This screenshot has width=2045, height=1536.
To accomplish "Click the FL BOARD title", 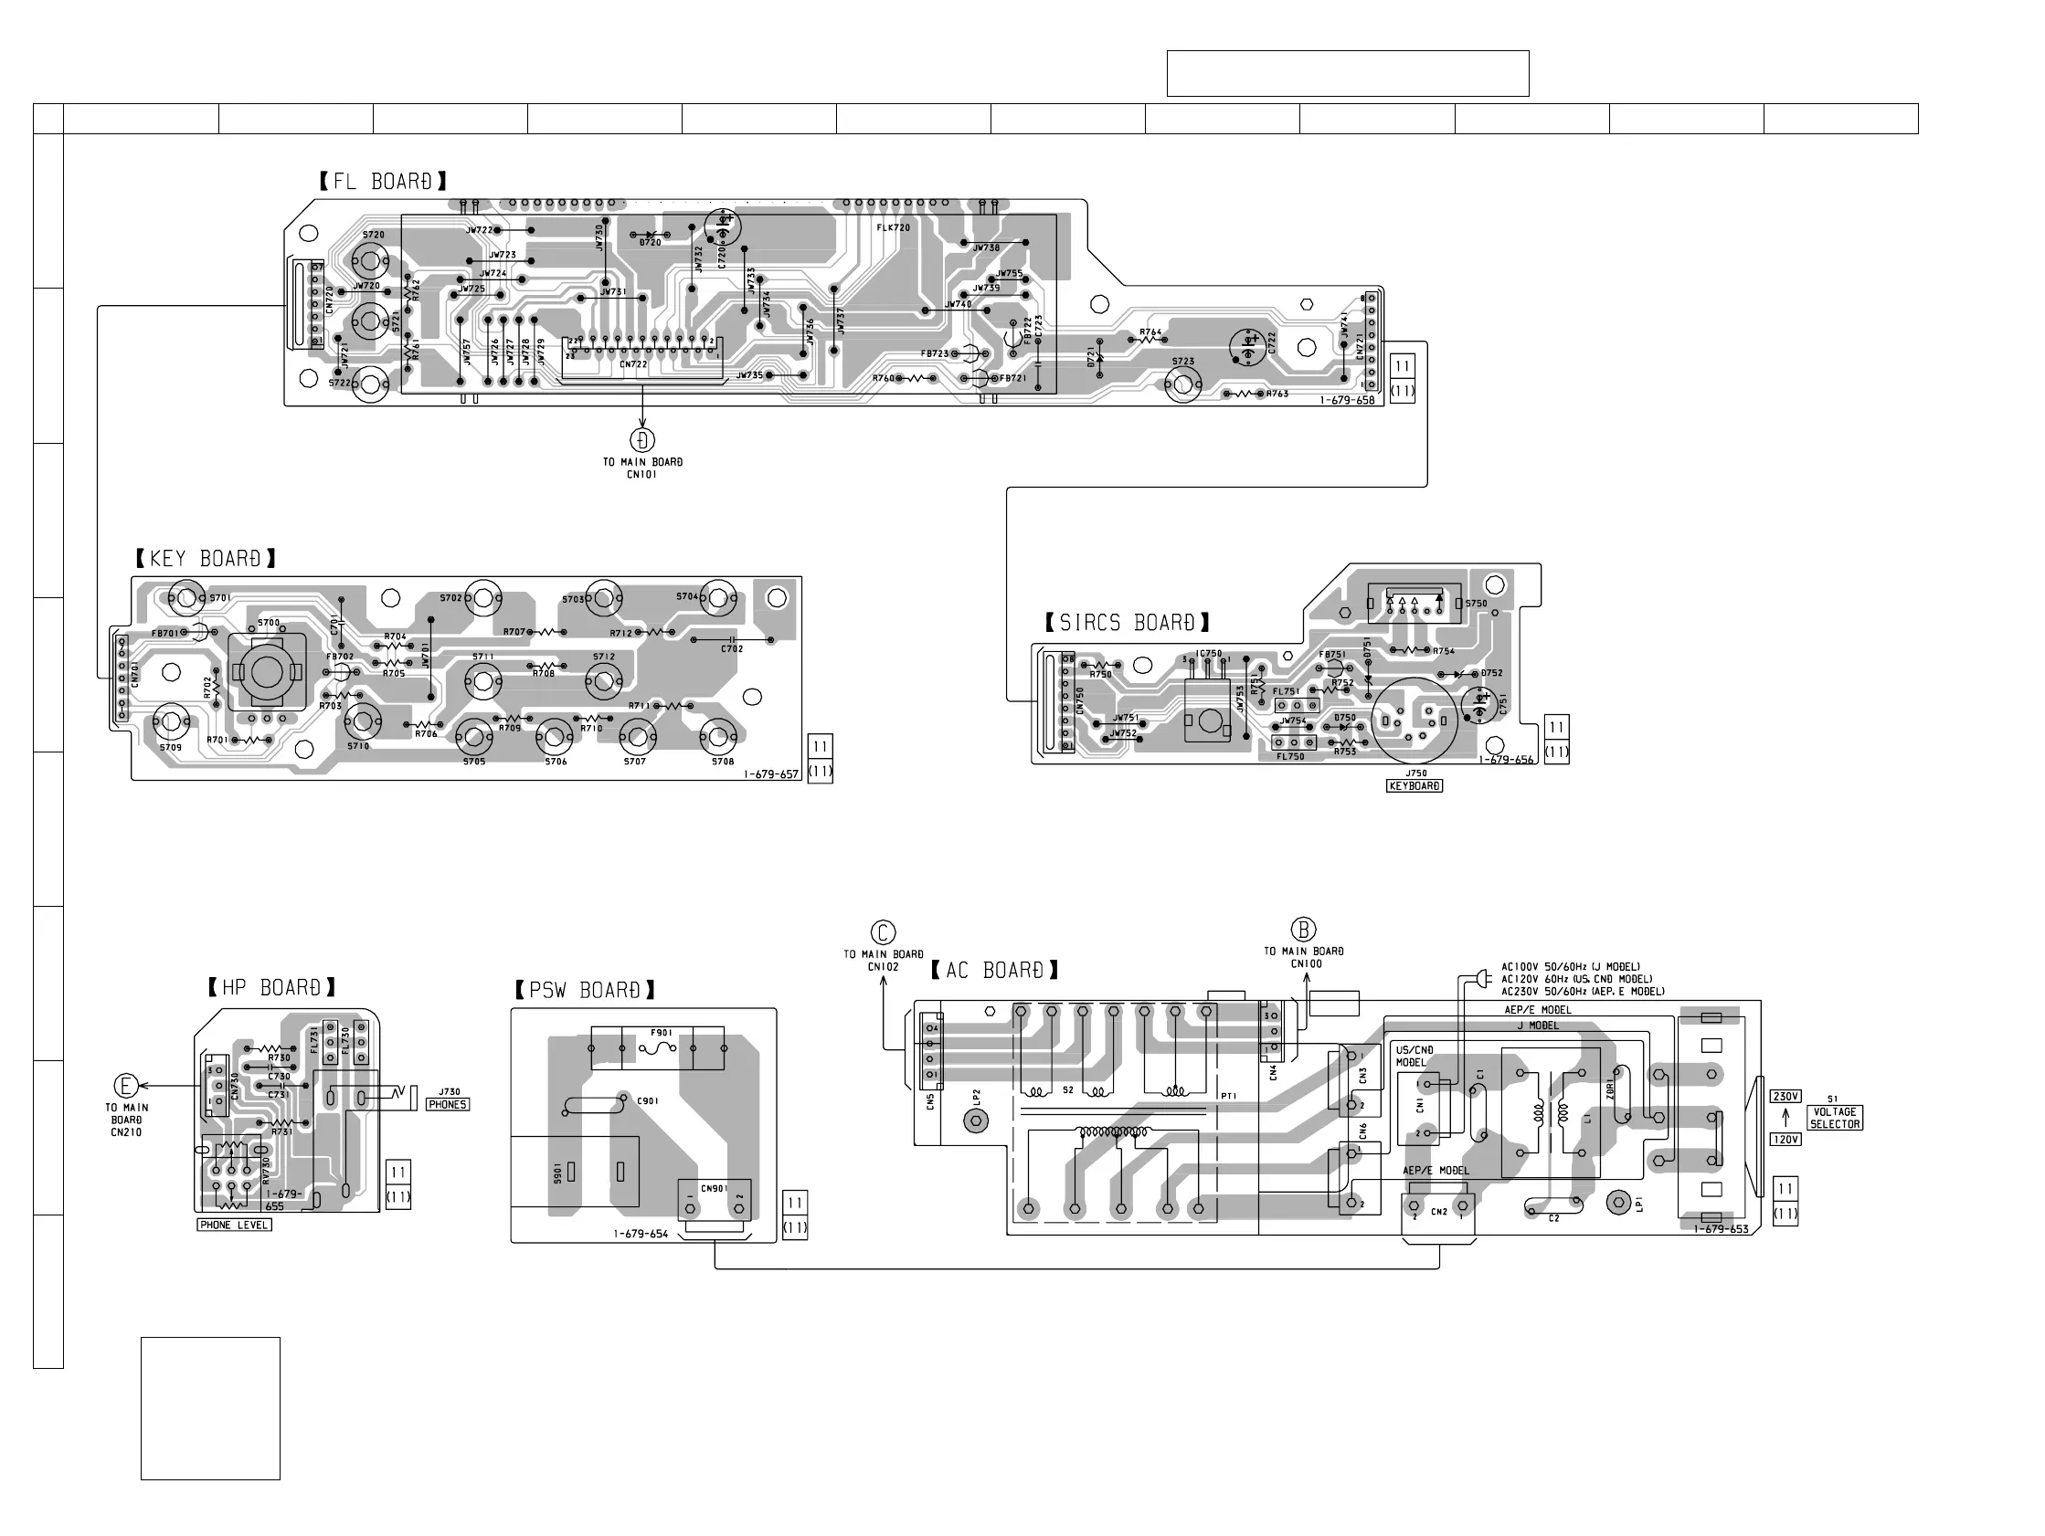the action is [x=383, y=181].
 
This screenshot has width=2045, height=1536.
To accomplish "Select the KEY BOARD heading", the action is [x=207, y=558].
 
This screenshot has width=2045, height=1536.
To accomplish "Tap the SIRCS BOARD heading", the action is [x=1127, y=623].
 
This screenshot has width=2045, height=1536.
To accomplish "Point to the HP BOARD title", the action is [x=271, y=988].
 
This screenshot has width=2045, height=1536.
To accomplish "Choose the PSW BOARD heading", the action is [x=585, y=991].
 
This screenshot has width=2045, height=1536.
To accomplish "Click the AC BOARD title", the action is [x=995, y=971].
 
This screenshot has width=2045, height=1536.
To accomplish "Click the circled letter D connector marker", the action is [x=642, y=440].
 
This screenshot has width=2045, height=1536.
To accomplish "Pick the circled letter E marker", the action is [x=126, y=1087].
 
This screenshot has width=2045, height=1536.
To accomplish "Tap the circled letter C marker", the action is [x=883, y=932].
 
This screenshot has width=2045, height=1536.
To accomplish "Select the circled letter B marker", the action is [x=1303, y=930].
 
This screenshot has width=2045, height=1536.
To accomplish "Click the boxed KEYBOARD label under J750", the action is [x=1415, y=786].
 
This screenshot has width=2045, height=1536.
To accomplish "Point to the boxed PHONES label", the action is [x=448, y=1104].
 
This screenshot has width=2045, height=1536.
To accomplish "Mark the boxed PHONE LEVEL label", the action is [x=235, y=1226].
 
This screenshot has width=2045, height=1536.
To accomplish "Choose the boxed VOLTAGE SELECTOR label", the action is [x=1834, y=1119].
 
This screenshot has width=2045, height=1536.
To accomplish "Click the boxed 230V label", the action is [x=1785, y=1097].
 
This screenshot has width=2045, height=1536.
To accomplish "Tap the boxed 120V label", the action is [x=1785, y=1140].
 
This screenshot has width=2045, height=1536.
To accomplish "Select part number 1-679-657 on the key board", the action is [x=771, y=774].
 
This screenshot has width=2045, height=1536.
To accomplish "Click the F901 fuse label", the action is [x=661, y=1032].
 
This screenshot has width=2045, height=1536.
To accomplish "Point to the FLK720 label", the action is [x=893, y=227].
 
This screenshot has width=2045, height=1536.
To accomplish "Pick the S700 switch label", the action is [x=268, y=623].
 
